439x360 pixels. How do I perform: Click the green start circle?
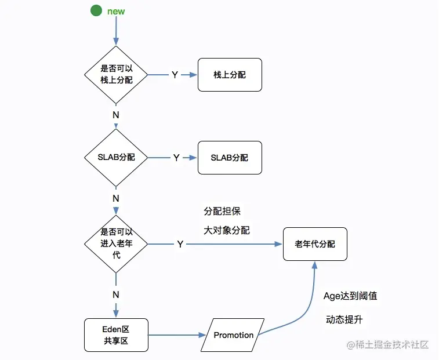(x=96, y=10)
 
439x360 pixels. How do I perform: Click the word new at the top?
(x=116, y=11)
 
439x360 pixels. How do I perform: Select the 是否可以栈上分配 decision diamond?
(x=116, y=74)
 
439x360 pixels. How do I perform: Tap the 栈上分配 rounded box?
(x=230, y=75)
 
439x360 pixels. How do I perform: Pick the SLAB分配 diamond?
(x=116, y=157)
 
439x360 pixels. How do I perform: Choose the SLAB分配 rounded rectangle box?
(x=230, y=158)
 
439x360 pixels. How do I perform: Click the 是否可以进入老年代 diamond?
(x=116, y=243)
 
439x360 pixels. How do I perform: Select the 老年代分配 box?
(x=315, y=244)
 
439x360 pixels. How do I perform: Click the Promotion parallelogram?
(x=233, y=335)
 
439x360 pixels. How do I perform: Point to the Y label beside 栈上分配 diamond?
(x=175, y=75)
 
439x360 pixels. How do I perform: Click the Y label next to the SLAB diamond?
(x=176, y=158)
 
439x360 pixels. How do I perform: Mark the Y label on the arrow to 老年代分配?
(x=180, y=245)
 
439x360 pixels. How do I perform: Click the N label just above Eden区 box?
(x=116, y=294)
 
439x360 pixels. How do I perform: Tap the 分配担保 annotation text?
(x=222, y=211)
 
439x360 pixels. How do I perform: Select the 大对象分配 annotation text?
(x=226, y=230)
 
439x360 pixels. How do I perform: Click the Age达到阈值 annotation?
(x=350, y=296)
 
